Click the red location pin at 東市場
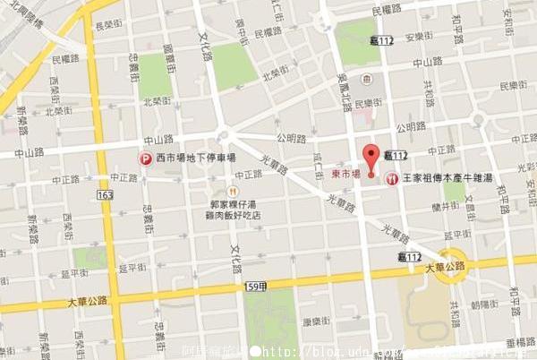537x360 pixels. click(x=371, y=153)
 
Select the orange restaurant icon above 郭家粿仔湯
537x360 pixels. click(x=233, y=191)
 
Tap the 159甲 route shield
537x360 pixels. click(x=254, y=287)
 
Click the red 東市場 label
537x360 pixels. click(x=346, y=174)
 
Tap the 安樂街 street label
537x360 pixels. click(x=419, y=38)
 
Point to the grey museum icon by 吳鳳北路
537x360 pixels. click(x=366, y=80)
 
